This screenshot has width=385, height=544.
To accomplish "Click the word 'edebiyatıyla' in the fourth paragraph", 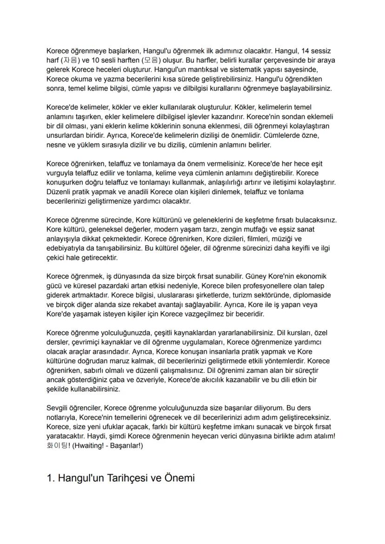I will pos(67,248).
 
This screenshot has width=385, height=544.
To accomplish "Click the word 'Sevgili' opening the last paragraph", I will pos(59,408).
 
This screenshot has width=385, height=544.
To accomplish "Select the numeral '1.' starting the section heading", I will pos(51,478).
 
